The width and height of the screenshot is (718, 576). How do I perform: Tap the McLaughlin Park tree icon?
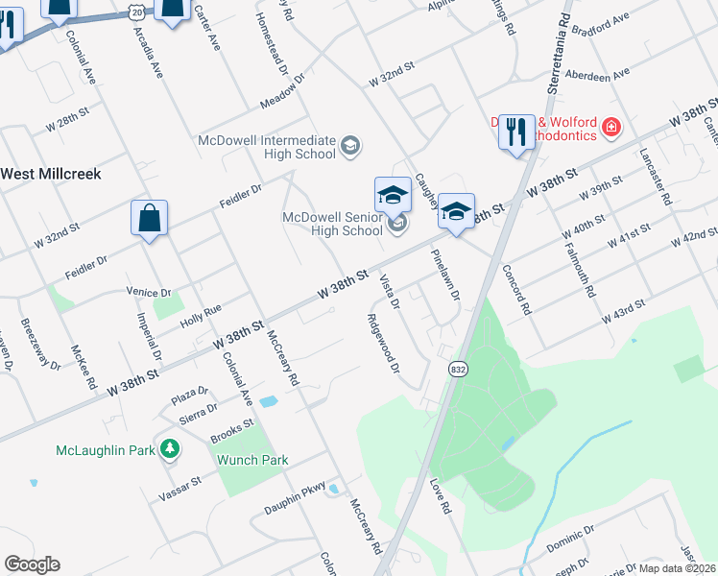click(x=169, y=449)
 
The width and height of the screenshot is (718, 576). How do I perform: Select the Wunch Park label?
click(x=252, y=460)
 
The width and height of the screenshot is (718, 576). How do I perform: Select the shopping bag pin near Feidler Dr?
click(x=150, y=219)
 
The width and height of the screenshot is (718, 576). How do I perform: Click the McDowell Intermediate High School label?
click(x=268, y=146)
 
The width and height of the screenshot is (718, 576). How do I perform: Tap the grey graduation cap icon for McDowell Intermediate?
click(x=350, y=146)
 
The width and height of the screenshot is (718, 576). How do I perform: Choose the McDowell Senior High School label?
click(x=332, y=224)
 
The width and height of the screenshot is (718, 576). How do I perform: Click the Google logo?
click(x=32, y=564)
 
